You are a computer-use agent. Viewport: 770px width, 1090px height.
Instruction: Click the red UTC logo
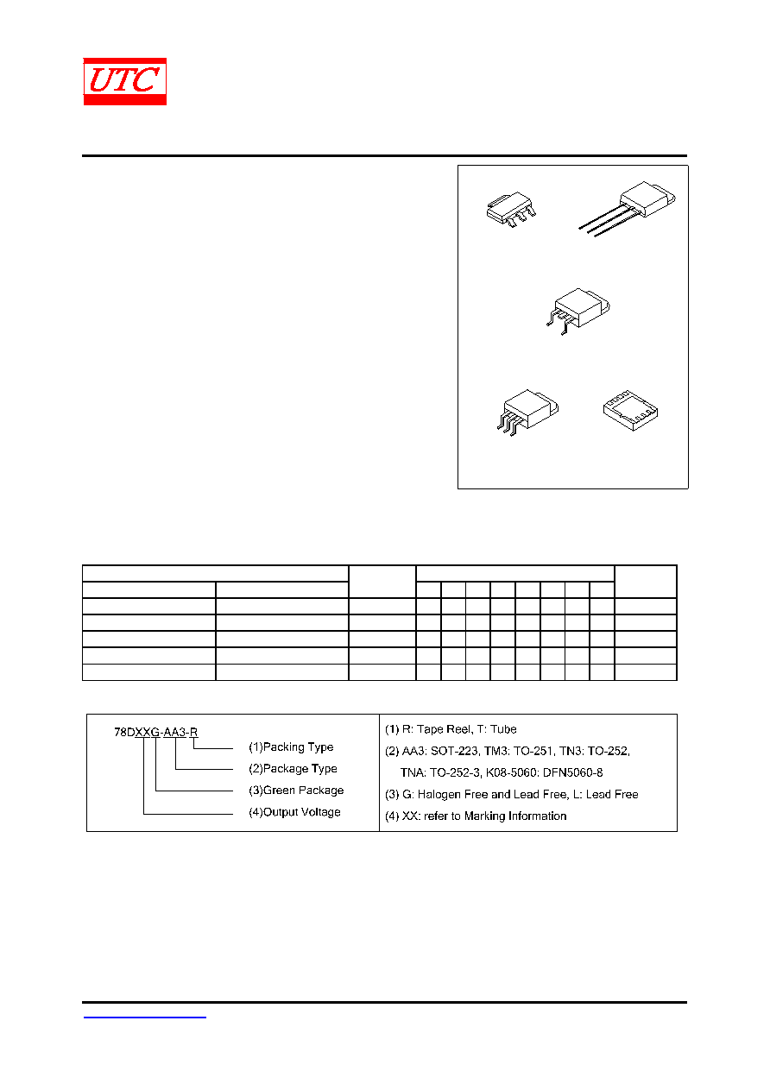pos(125,81)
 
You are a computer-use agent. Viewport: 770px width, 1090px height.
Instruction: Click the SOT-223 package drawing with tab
pos(511,209)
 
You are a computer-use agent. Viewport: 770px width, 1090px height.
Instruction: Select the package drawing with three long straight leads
pos(627,209)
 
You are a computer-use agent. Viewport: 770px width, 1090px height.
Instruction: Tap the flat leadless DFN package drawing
pos(630,410)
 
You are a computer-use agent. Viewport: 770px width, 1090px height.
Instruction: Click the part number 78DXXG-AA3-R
pos(155,732)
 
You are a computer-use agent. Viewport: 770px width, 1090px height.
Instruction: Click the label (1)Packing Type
pos(291,747)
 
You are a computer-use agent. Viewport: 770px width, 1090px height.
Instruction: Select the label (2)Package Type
pos(293,768)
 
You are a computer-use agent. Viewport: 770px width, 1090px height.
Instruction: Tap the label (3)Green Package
pos(296,791)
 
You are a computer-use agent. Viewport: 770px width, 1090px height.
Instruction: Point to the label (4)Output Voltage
pos(294,811)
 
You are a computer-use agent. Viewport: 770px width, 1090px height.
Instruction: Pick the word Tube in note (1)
pos(503,729)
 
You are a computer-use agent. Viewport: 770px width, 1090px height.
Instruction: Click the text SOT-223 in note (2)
pos(454,751)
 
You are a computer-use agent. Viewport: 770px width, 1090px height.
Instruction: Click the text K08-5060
pos(511,772)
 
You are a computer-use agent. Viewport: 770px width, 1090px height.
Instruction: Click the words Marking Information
pos(515,816)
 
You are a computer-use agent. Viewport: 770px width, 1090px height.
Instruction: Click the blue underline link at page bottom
pos(145,1017)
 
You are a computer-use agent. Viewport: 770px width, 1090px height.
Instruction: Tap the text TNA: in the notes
pos(413,772)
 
